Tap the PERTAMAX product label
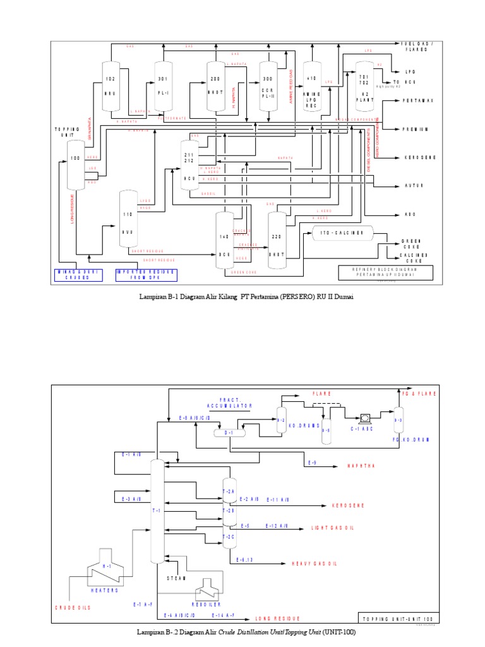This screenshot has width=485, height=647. [416, 100]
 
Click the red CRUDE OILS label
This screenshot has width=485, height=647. [72, 607]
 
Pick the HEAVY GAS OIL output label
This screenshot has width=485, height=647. [315, 563]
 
